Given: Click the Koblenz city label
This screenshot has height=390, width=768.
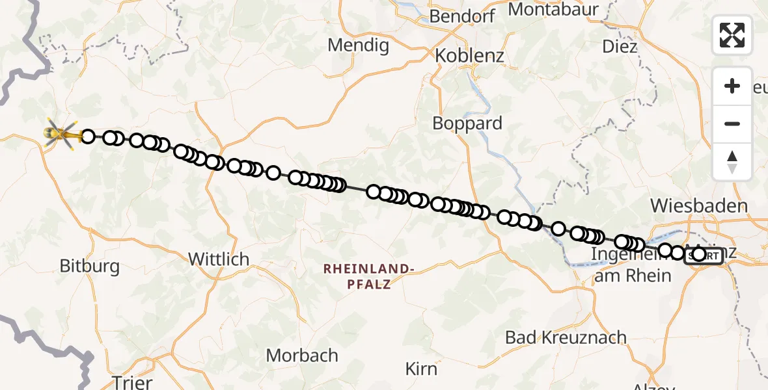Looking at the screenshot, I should coord(469,55).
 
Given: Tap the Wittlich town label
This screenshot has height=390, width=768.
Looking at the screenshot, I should coord(219,259).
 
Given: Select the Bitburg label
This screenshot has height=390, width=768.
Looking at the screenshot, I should coord(90,266).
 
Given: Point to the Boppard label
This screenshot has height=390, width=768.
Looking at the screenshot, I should coord(468,123).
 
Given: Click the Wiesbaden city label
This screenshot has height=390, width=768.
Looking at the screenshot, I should coord(699,207).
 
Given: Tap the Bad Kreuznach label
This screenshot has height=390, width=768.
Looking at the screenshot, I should coord(566,337).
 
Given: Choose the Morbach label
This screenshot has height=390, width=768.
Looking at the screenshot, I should coord(302,356).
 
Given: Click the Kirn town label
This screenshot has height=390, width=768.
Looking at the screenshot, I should coord(421,369).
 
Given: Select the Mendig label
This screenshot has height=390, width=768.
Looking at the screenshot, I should coord(358,45).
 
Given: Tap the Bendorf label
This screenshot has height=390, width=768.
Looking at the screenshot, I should coord(463,16).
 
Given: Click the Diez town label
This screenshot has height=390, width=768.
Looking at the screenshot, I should coord(619,47).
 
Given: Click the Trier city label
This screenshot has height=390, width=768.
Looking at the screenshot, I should coord(132,382).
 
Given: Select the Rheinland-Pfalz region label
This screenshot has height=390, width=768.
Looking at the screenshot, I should coord(368,276).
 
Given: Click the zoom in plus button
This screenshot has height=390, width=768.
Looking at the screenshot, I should coord(732,86).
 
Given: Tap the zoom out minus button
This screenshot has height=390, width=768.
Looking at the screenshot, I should coord(732,123).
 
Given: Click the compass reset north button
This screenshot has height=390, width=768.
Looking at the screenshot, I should coord(732,161).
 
